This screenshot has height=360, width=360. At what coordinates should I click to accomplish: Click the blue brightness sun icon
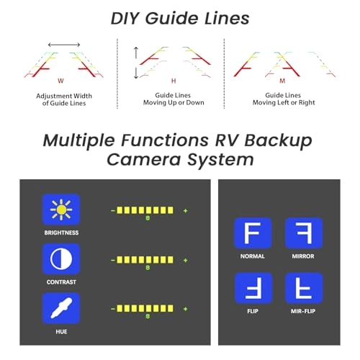(x=61, y=210)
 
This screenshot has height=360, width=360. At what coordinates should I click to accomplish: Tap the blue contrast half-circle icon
(x=61, y=259)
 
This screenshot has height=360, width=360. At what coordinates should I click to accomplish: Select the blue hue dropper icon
(x=61, y=308)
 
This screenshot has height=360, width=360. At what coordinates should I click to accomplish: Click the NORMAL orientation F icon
(x=253, y=233)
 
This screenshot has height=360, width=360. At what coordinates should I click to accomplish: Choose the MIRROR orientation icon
(x=304, y=233)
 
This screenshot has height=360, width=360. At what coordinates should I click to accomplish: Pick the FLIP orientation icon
(x=253, y=288)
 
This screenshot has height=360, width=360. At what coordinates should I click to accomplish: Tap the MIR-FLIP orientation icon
(x=304, y=288)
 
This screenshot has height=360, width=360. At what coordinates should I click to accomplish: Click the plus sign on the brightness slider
(x=185, y=211)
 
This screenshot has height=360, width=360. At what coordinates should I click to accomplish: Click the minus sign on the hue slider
(x=113, y=309)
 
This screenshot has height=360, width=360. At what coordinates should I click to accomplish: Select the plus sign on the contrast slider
(x=185, y=260)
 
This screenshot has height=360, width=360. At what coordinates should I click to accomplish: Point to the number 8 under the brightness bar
(x=148, y=218)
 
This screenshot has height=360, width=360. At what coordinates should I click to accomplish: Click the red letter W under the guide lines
(x=60, y=81)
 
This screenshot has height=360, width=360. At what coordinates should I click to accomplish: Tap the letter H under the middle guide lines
(x=174, y=81)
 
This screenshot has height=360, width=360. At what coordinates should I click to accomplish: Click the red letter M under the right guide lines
(x=282, y=81)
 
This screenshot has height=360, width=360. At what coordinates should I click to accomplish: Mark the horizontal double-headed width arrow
(x=64, y=45)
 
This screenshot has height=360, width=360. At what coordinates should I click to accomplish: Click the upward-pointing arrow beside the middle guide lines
(x=136, y=53)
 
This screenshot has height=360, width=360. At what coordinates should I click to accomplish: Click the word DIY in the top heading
(x=125, y=19)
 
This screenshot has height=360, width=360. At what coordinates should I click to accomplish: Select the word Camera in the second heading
(x=143, y=160)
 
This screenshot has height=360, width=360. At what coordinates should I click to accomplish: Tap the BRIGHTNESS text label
(x=61, y=233)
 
